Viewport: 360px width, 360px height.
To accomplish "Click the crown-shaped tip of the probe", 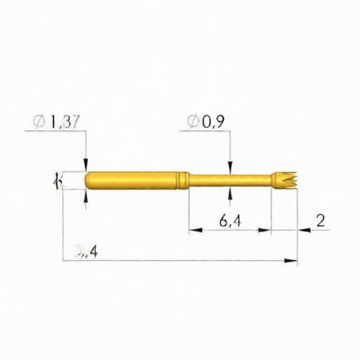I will tap(285, 180).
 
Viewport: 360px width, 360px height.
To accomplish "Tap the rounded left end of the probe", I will tap(89, 180).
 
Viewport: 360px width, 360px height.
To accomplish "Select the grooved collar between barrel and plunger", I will tap(184, 180).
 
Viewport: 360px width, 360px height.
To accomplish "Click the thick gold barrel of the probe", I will tap(134, 180).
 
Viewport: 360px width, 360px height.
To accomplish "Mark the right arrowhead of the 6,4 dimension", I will tap(266, 230).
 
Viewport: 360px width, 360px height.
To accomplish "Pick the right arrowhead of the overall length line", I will tap(292, 262).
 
